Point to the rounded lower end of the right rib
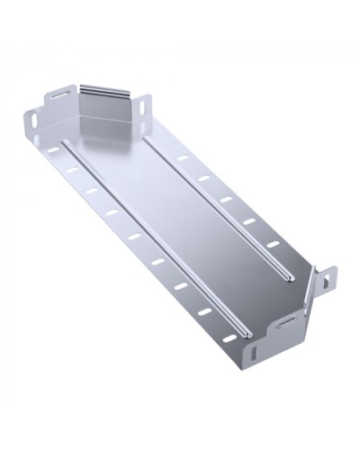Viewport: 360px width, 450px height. pos(285,274)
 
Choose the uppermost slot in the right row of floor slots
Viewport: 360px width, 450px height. pos(183,158)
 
